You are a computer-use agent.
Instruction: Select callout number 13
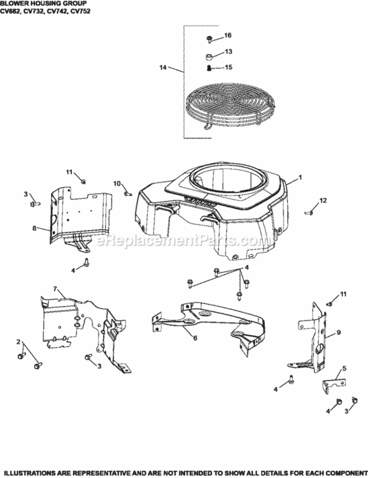pyautogui.click(x=228, y=51)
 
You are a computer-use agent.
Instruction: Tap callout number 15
pyautogui.click(x=228, y=68)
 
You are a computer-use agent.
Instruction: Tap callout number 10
pyautogui.click(x=117, y=183)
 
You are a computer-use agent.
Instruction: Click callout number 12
pyautogui.click(x=323, y=201)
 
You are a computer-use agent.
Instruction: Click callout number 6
pyautogui.click(x=195, y=338)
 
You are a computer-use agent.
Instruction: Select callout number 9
pyautogui.click(x=339, y=332)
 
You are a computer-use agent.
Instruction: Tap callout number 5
pyautogui.click(x=344, y=368)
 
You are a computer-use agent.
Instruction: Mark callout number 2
pyautogui.click(x=18, y=342)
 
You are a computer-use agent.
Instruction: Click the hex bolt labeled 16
pyautogui.click(x=211, y=38)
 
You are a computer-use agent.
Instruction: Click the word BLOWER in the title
pyautogui.click(x=13, y=3)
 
